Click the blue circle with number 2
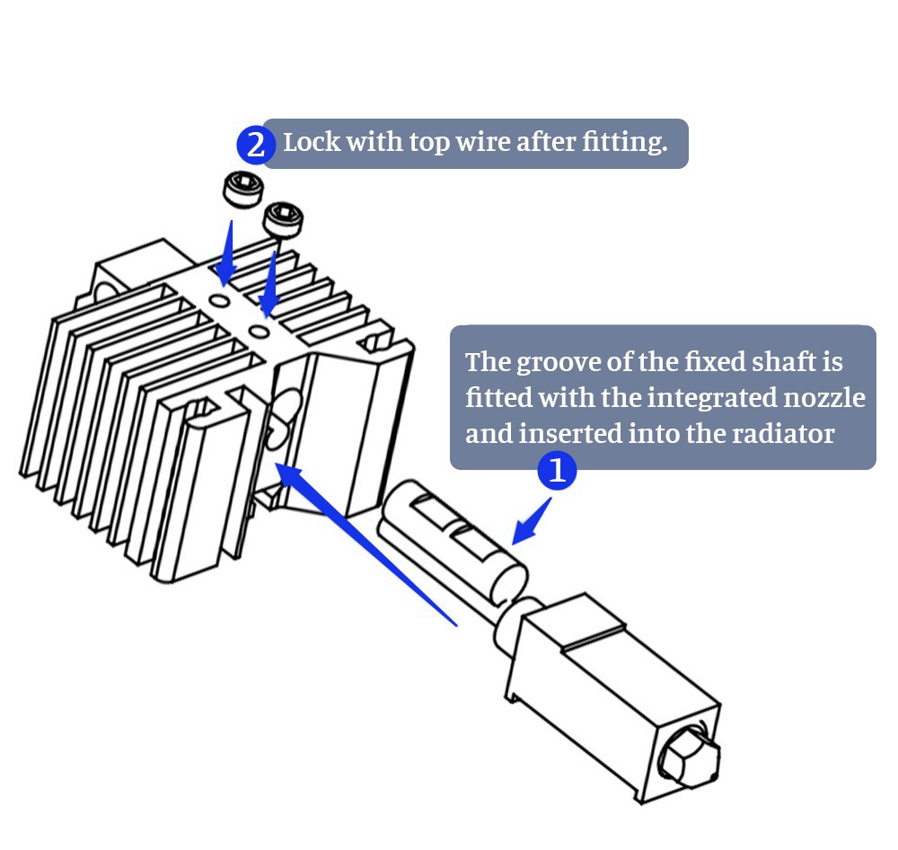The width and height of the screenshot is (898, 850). tap(256, 145)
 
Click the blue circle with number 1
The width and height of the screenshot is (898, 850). tap(557, 470)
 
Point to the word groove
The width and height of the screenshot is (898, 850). tap(553, 362)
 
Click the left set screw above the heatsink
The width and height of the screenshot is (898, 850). tap(242, 190)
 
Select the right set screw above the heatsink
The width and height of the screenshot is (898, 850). tap(284, 218)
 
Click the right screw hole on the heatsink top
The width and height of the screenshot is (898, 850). tap(260, 332)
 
